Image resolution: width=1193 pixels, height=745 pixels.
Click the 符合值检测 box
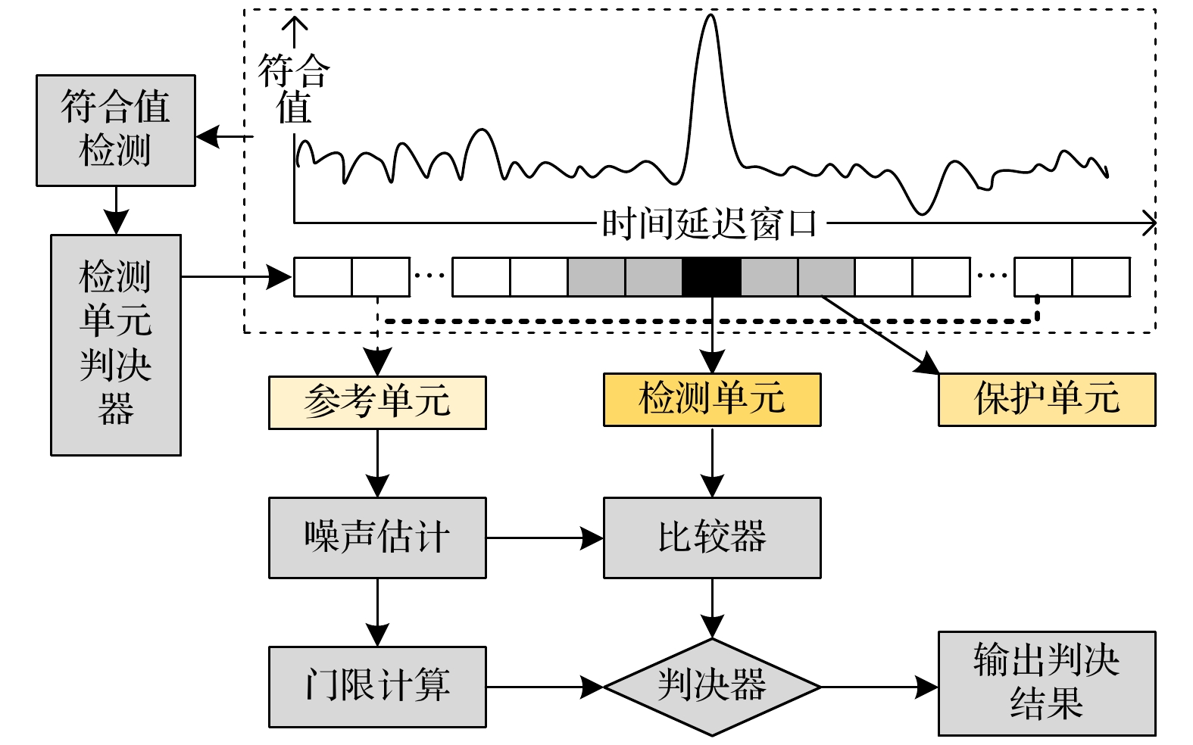coord(115,130)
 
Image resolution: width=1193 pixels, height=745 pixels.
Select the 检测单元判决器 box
coord(115,344)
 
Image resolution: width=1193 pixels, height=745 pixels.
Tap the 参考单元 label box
coord(377,403)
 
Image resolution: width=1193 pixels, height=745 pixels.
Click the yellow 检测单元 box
coord(711,400)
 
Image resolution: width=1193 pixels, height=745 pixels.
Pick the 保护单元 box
coord(1046,400)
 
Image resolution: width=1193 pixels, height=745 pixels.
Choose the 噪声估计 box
coord(377,538)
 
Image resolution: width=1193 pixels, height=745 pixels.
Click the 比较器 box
coord(711,538)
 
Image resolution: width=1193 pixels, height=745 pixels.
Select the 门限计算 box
coord(377,687)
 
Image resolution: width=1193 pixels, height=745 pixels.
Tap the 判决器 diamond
coord(711,687)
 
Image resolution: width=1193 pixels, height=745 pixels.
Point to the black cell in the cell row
coord(711,277)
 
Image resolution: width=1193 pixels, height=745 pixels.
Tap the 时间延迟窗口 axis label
coord(710,224)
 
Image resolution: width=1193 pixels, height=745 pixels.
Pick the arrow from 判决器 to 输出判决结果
coord(879,687)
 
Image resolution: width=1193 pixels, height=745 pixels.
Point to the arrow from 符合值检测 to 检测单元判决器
coord(115,210)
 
